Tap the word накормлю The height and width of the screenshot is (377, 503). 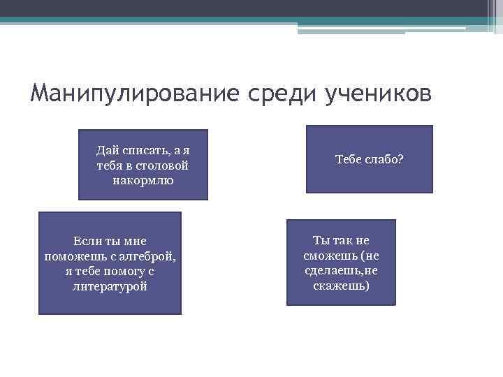point(143,181)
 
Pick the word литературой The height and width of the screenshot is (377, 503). point(110,286)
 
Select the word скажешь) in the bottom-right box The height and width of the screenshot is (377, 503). point(342,286)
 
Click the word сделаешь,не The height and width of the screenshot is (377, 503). point(342,271)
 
